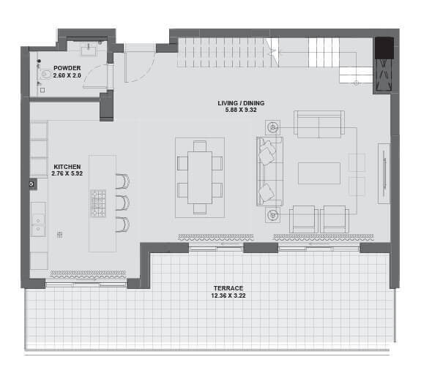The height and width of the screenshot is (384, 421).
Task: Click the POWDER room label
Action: (67, 68)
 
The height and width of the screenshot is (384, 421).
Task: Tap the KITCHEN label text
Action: (67, 167)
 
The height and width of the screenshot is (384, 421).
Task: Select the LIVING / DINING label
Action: (241, 103)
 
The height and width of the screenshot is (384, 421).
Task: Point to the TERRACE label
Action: (228, 288)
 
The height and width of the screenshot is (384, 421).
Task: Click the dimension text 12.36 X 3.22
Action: (228, 295)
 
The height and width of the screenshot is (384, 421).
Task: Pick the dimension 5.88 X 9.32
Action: (241, 110)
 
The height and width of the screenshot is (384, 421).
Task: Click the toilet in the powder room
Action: (46, 74)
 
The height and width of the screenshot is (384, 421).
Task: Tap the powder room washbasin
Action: (89, 50)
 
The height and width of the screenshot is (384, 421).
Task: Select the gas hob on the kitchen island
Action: (98, 203)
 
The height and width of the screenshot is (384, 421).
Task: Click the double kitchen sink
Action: (38, 225)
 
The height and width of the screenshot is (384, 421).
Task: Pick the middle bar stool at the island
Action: (123, 203)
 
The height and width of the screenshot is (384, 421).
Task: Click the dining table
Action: (200, 178)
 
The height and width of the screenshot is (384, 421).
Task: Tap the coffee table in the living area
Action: (319, 173)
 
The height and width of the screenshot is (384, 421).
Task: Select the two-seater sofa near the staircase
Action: (319, 124)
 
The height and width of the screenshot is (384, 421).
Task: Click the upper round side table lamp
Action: (273, 128)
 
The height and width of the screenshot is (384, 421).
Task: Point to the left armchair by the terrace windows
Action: (304, 219)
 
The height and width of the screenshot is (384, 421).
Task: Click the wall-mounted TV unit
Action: (384, 173)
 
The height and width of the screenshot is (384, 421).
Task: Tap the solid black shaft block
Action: (384, 48)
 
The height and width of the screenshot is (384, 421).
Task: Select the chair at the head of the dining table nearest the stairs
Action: (200, 146)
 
